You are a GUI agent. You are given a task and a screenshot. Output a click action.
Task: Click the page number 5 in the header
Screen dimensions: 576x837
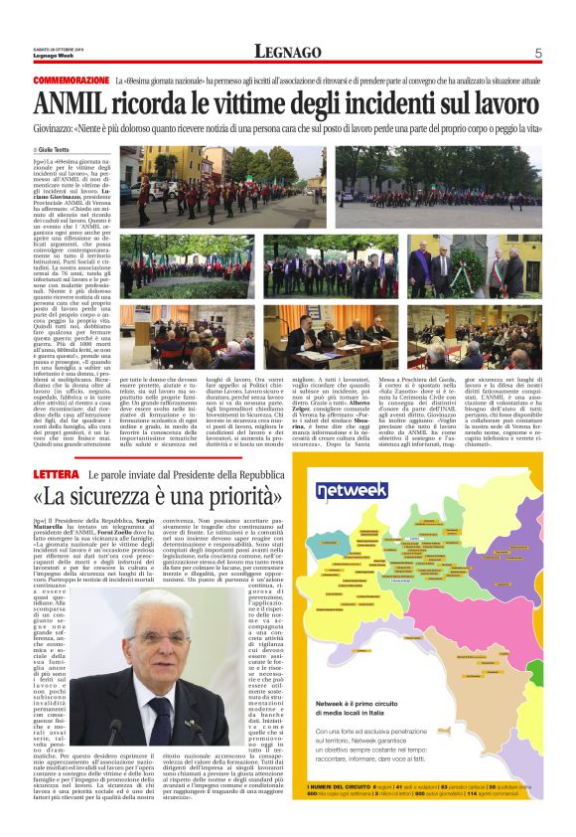click(x=537, y=53)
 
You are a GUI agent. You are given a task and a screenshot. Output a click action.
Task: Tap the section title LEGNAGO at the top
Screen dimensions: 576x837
click(x=287, y=53)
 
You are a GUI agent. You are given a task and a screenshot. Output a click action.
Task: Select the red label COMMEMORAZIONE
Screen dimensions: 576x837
click(x=71, y=79)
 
